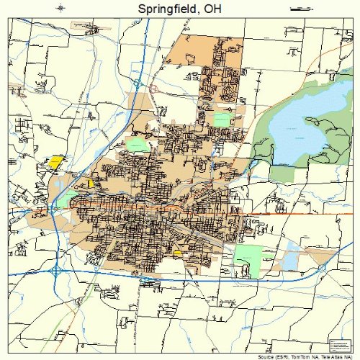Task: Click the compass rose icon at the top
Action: click(60, 9)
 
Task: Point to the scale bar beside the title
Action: click(298, 9)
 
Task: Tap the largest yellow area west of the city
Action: click(54, 161)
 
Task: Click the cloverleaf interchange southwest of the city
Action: click(56, 271)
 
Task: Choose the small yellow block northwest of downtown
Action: click(91, 184)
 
